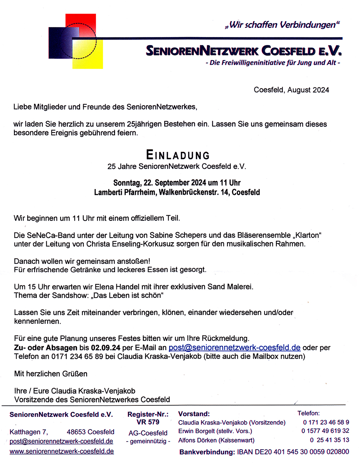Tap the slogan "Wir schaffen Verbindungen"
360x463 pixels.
tap(282, 25)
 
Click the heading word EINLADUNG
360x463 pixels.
tap(178, 155)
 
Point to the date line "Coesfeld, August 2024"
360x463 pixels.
tap(291, 90)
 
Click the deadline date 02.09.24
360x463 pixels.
tap(106, 348)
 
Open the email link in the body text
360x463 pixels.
tap(234, 348)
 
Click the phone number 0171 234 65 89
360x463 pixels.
tap(77, 356)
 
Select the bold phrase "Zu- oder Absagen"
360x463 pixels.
tap(45, 348)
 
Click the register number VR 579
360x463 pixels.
tap(148, 422)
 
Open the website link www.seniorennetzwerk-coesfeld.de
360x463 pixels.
tap(62, 451)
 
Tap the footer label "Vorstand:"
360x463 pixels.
tap(194, 414)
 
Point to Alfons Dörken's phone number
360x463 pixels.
tap(329, 440)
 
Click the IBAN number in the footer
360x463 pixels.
tap(293, 452)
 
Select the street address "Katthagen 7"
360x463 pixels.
tap(28, 432)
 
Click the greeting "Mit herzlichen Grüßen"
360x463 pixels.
tap(51, 374)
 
